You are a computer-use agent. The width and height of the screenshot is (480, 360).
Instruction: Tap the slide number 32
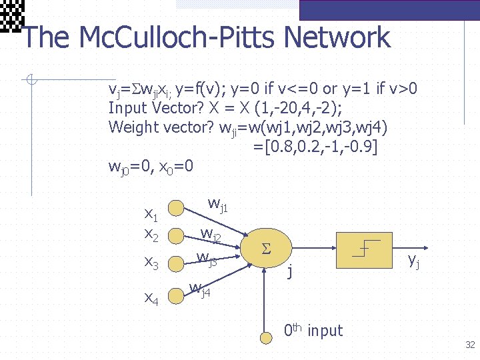470,345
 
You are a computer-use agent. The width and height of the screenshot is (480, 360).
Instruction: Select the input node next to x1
176,207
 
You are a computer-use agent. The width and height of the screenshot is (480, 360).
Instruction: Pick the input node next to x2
176,235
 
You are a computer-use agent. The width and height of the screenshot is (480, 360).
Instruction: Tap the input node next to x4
176,295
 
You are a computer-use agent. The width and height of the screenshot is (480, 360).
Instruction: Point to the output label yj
414,261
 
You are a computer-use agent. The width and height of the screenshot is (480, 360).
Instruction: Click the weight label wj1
217,204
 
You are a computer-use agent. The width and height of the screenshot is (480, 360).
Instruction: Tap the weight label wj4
199,289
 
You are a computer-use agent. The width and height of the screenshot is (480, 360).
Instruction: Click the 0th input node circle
267,337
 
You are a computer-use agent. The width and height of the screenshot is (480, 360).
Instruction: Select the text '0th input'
313,330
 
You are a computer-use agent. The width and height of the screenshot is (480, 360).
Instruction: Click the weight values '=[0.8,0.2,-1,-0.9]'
315,145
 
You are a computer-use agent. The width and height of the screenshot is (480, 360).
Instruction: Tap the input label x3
151,265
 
